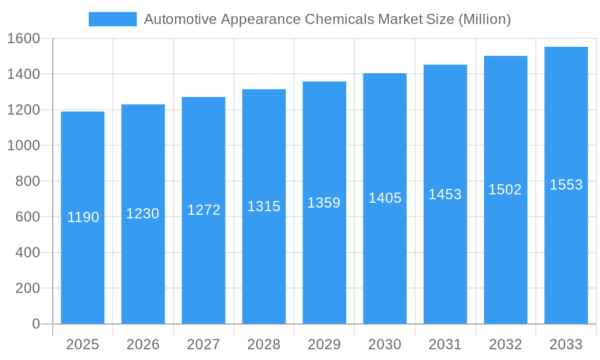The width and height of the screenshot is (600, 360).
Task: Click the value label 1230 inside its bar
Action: tap(143, 214)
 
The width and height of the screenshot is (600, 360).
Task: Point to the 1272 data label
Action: tap(203, 210)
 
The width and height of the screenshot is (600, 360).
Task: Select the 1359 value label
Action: tap(324, 203)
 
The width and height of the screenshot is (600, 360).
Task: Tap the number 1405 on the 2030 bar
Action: tap(385, 198)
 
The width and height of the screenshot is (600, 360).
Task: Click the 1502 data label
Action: tap(505, 190)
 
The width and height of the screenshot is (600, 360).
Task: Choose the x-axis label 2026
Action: tap(143, 344)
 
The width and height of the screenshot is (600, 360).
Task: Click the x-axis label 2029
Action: tap(324, 344)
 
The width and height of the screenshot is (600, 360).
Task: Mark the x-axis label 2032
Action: tap(505, 344)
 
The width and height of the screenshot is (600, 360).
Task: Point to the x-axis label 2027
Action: tap(203, 344)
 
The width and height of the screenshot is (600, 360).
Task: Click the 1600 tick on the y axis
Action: tap(23, 39)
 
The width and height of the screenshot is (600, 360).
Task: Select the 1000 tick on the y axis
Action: tap(23, 146)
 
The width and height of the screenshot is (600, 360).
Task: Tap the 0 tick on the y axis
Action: tap(35, 324)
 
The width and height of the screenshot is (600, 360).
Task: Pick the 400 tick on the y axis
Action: tap(27, 253)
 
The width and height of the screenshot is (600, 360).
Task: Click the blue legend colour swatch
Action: tap(113, 19)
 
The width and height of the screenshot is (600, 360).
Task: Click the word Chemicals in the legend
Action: tap(340, 19)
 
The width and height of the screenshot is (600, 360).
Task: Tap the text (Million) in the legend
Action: tap(484, 19)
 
